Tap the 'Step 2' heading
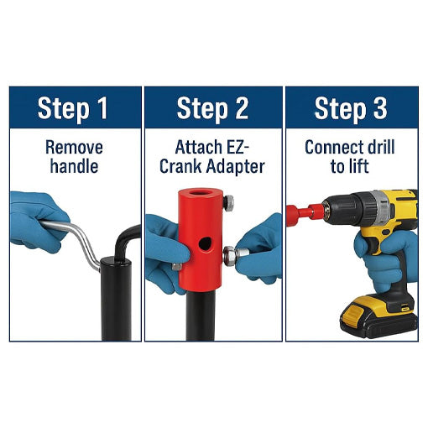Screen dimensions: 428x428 coord(213,108)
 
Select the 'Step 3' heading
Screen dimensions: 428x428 coord(350,108)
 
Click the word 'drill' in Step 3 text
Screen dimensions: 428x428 coord(382,148)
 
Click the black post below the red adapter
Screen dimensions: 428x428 coord(200,315)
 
